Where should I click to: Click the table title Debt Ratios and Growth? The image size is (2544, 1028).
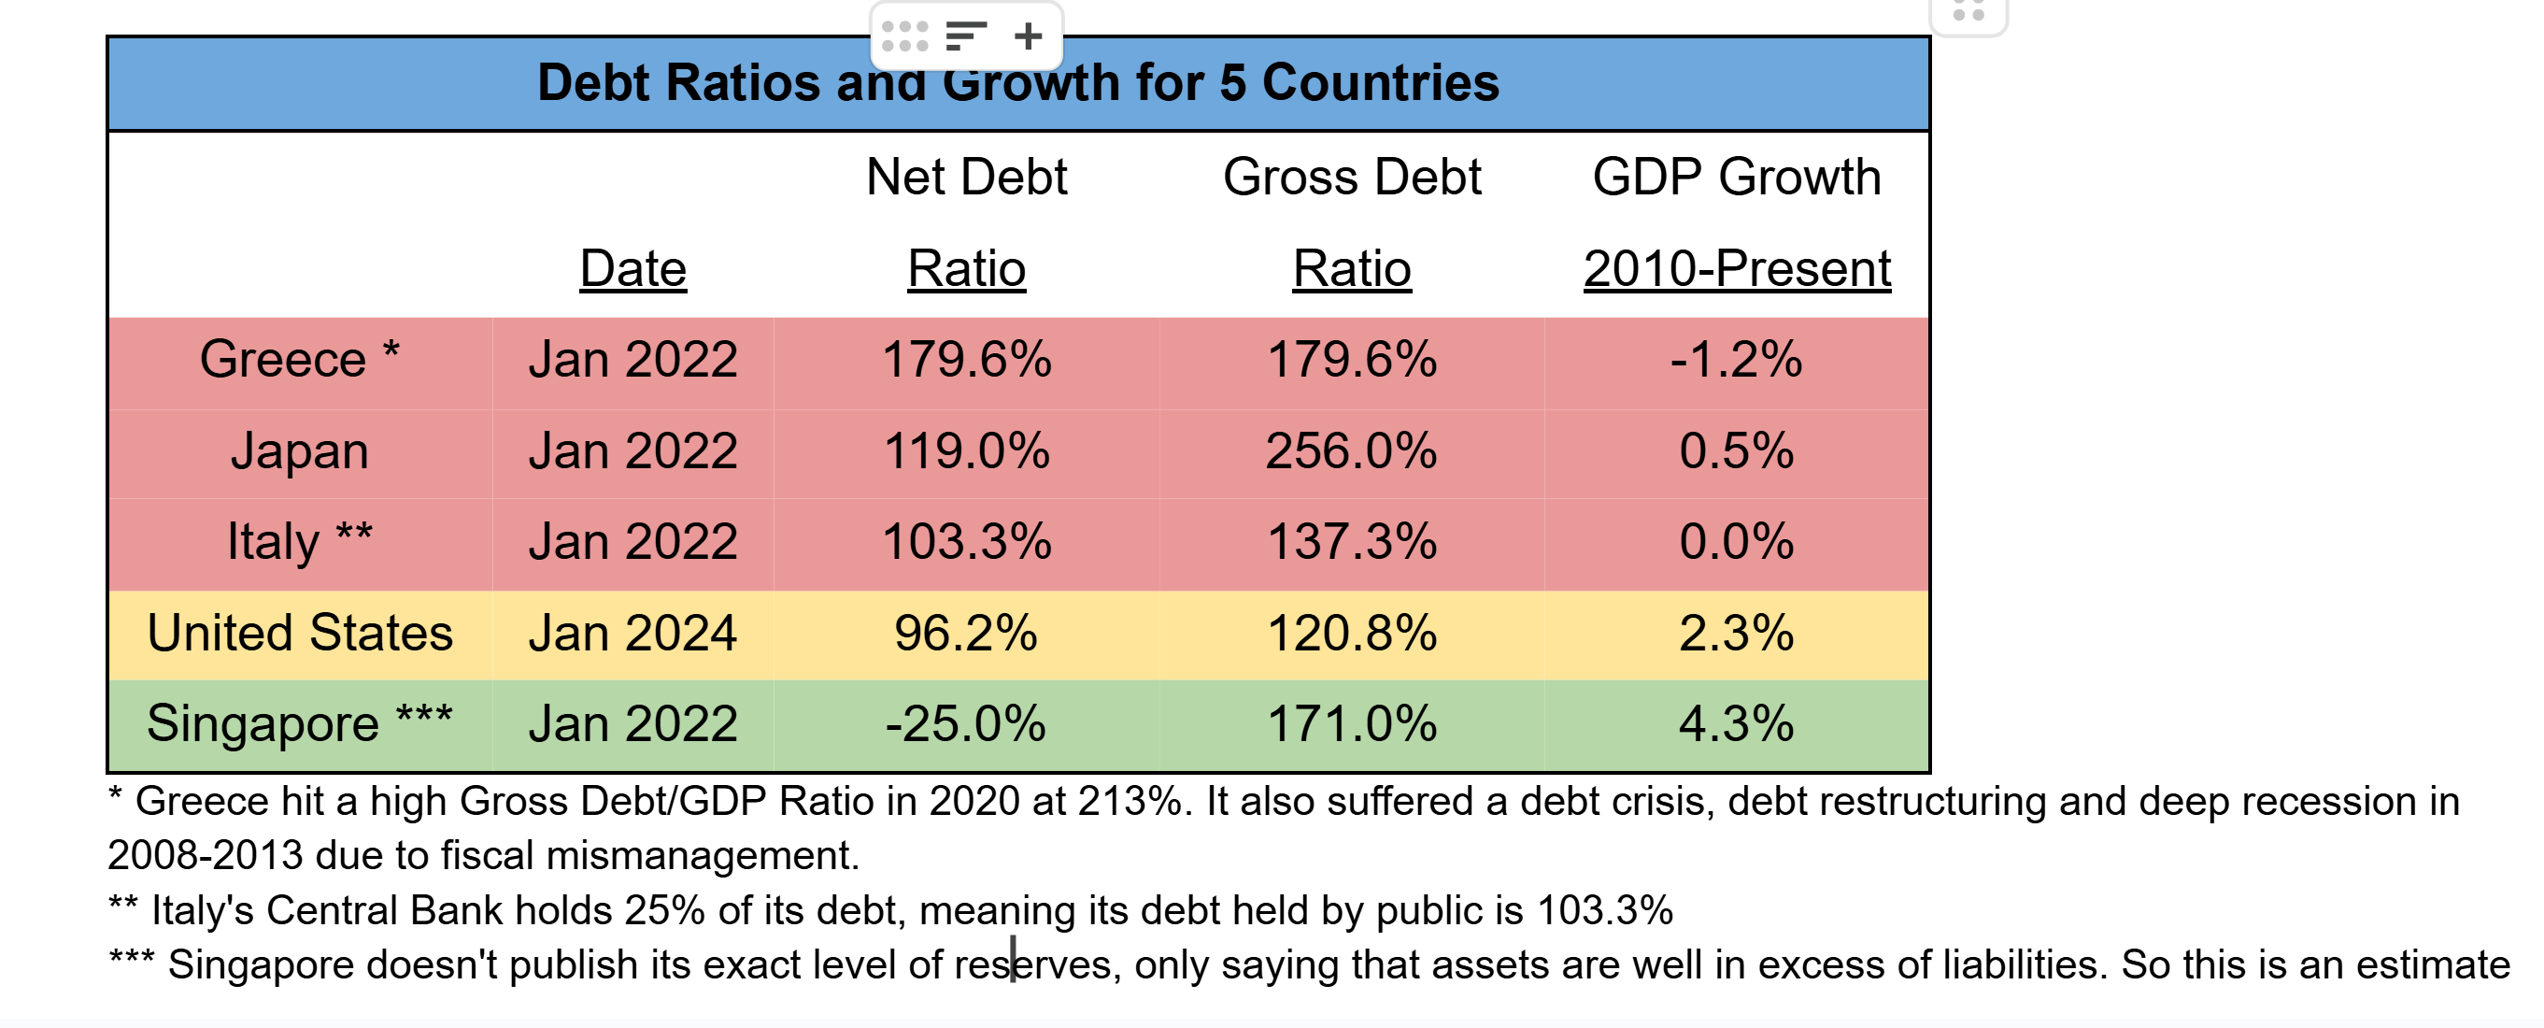point(1017,83)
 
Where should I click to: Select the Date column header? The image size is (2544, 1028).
point(632,268)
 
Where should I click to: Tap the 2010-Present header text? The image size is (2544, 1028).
point(1736,268)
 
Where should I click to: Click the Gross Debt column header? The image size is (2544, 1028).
point(1351,178)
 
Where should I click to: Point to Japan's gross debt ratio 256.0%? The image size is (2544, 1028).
point(1351,451)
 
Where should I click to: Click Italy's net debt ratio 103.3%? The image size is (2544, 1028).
point(966,542)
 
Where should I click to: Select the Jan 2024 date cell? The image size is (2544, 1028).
point(632,633)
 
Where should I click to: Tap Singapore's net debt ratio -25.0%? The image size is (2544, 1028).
point(966,724)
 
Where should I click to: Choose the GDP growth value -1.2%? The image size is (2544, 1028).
point(1736,359)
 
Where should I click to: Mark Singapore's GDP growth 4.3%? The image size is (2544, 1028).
point(1736,724)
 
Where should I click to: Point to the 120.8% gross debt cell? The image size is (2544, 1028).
point(1351,633)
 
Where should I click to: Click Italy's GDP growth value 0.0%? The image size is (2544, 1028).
point(1736,542)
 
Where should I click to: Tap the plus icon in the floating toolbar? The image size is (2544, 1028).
point(1028,36)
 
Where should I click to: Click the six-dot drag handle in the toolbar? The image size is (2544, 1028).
point(904,36)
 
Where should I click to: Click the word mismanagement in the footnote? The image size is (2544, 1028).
point(703,856)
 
